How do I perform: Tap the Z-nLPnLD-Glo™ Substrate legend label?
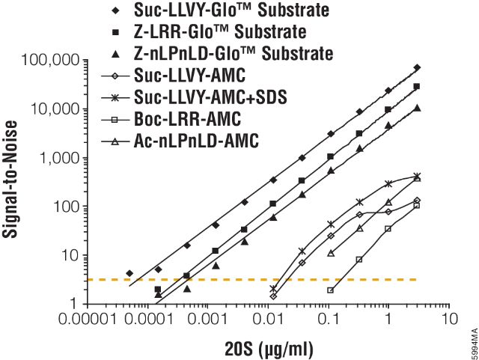point(234,54)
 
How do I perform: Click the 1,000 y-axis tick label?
point(59,158)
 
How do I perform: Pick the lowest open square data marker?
point(330,290)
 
